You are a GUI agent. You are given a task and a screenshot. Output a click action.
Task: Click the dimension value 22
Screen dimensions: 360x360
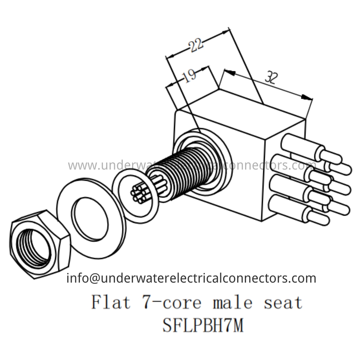195,45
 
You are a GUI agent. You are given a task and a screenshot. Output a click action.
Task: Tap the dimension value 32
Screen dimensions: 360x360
270,77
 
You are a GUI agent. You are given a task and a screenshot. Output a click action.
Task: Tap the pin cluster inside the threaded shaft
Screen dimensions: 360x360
142,191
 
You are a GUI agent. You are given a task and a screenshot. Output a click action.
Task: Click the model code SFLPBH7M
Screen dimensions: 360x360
203,326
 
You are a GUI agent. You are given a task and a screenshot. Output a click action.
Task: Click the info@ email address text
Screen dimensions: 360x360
191,278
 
